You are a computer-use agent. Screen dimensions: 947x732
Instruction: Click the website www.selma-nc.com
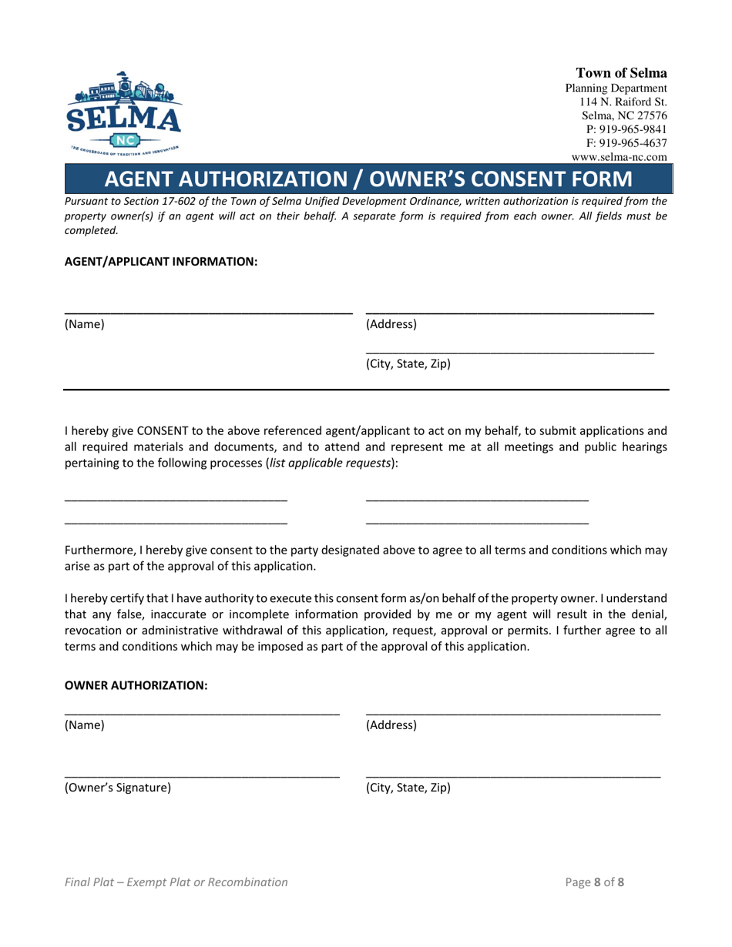click(620, 156)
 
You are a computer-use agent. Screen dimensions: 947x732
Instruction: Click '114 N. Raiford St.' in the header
click(623, 102)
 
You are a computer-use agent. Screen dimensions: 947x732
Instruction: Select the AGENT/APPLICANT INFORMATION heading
click(160, 262)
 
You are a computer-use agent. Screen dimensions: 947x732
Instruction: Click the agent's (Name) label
click(84, 324)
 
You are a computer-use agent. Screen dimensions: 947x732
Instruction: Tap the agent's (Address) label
click(391, 324)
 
